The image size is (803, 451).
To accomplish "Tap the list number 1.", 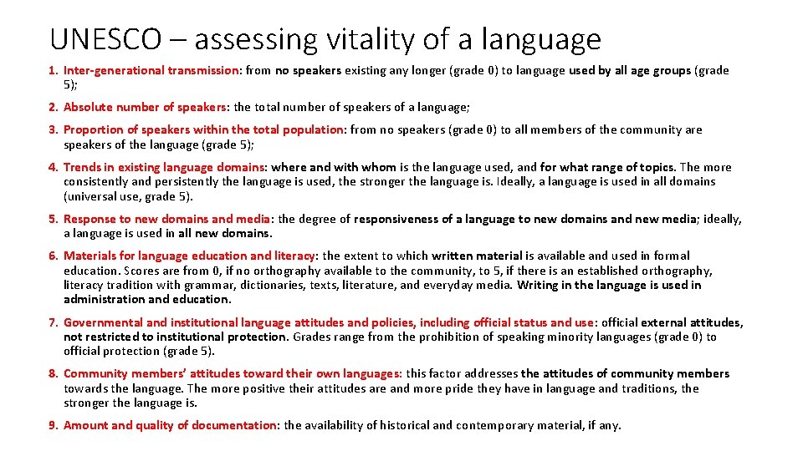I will pos(52,70).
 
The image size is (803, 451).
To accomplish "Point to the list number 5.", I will pos(52,219).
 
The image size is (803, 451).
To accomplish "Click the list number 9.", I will pos(52,425).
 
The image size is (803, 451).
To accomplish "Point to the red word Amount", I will pos(86,425).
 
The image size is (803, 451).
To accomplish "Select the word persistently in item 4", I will pos(189,181).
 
